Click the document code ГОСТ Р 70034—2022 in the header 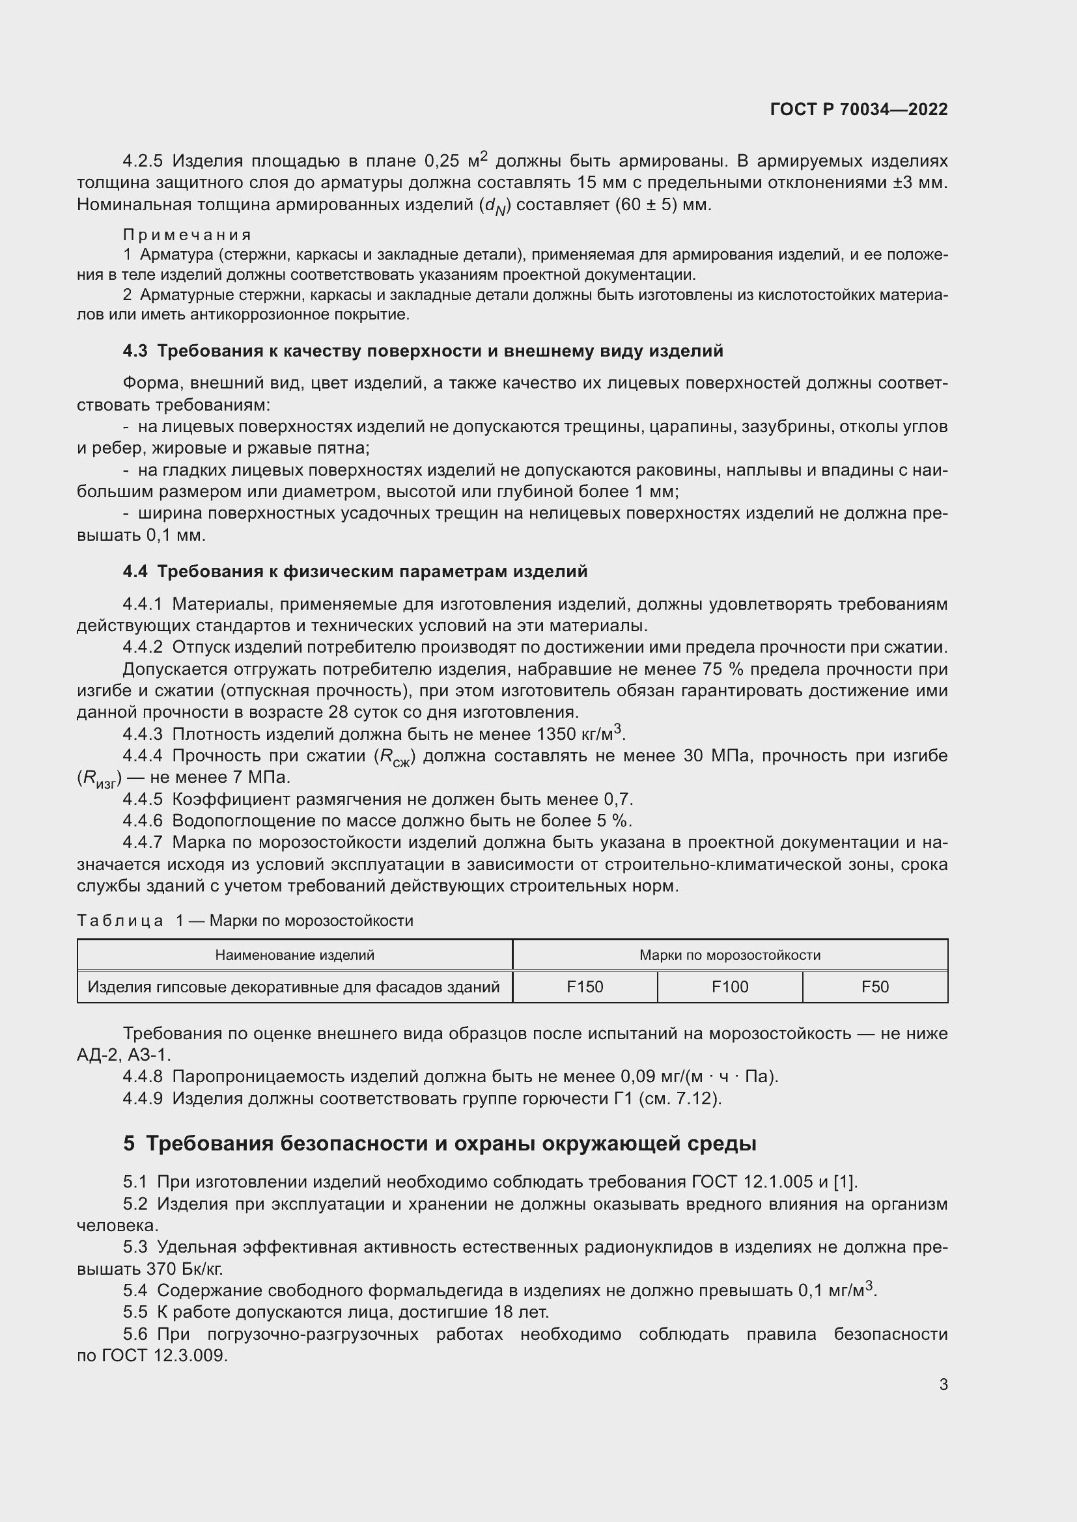click(859, 109)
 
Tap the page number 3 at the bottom click(943, 1384)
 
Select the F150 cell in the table click(585, 987)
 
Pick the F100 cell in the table click(729, 987)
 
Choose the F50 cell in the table click(874, 987)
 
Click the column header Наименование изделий click(294, 955)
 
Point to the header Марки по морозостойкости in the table click(729, 955)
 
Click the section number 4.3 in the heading click(135, 351)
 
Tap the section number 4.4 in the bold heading click(135, 571)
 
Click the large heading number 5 click(129, 1143)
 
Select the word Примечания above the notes click(187, 235)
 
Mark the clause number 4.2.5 click(143, 161)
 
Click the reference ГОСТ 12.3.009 click(165, 1355)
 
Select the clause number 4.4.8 click(143, 1076)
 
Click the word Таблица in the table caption click(120, 921)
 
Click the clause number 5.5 click(135, 1312)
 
